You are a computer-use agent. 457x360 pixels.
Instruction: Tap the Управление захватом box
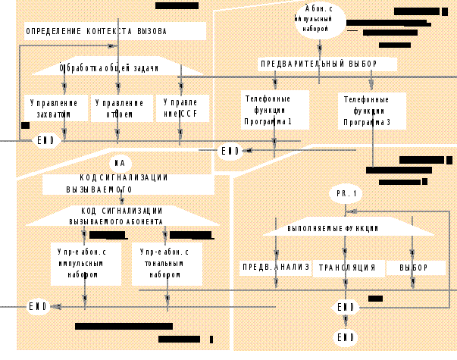(53, 108)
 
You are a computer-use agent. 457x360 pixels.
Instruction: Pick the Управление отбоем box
(120, 108)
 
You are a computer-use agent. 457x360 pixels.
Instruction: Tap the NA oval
(120, 162)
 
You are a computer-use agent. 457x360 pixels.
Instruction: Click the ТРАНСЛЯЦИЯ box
(347, 268)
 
